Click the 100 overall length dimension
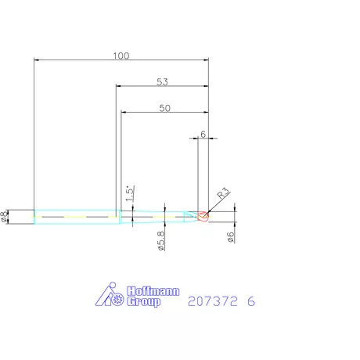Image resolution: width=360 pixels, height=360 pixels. pos(121,56)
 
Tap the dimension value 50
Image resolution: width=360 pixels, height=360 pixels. pos(164,109)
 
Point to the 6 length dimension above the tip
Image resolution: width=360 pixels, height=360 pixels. pos(203,134)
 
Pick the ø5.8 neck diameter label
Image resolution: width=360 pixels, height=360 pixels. pos(160,239)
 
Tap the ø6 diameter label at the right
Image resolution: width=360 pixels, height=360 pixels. pos(232,237)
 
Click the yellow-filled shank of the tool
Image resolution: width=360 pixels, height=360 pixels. pos(74,216)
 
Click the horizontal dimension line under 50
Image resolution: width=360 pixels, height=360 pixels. pos(164,114)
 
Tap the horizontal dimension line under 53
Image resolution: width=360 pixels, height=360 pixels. pos(162,87)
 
